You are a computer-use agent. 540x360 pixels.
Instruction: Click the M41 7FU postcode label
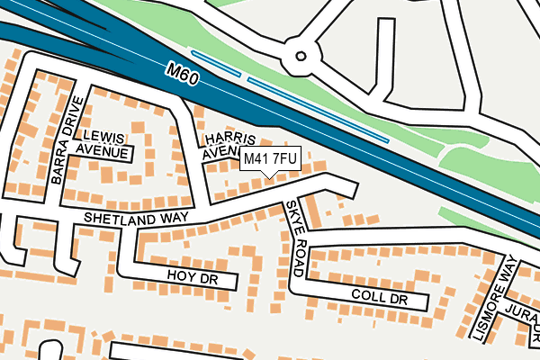tap(269, 159)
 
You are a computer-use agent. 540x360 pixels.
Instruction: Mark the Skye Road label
tap(299, 238)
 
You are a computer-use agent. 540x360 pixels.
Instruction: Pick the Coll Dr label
tap(380, 297)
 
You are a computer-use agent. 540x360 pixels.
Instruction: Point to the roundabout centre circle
tap(295, 58)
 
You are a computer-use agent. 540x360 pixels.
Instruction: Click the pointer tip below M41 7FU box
tap(269, 175)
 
